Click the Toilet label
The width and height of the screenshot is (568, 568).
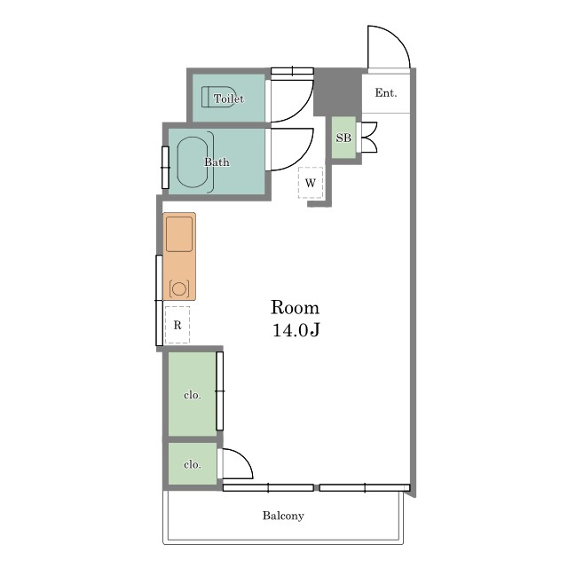point(229,99)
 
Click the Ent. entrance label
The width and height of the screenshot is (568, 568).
point(386,93)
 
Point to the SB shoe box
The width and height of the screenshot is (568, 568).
point(343,138)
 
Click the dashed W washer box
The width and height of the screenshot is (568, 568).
point(311,183)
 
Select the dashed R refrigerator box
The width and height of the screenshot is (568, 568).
point(177,325)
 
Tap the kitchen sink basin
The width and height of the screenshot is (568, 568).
point(179,234)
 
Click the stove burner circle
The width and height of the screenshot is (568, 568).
point(179,289)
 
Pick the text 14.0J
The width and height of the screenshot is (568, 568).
point(296,330)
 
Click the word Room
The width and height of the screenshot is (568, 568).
point(296,308)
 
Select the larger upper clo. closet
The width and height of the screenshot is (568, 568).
point(193,394)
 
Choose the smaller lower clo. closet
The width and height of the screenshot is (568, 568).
point(193,463)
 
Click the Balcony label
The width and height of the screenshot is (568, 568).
point(283,516)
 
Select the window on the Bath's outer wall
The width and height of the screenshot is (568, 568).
point(166,168)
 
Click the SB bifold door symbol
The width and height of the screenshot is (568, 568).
point(369,137)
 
